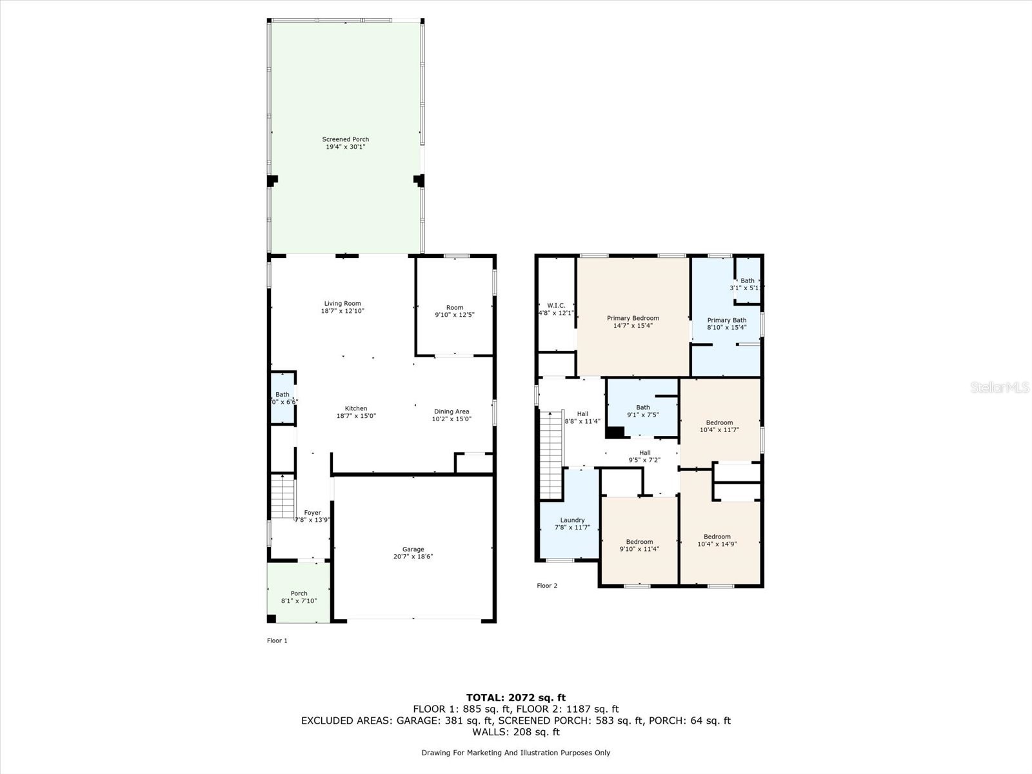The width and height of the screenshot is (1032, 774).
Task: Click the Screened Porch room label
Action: (x=345, y=139)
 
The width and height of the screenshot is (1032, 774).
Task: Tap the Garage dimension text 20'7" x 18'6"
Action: (x=413, y=557)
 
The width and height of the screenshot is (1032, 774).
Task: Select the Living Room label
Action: (x=342, y=303)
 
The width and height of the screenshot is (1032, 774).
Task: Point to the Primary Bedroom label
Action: (x=633, y=318)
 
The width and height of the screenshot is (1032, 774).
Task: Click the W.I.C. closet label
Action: (x=555, y=306)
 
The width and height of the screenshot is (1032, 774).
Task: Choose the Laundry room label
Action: (x=572, y=520)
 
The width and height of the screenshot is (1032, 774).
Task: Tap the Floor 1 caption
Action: (x=277, y=640)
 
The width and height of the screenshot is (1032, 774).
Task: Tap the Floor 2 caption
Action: (x=547, y=586)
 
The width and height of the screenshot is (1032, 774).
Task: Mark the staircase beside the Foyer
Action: (x=282, y=497)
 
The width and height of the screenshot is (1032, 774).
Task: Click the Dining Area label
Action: (x=451, y=412)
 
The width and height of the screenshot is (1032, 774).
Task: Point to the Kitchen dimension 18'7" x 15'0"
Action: (x=356, y=416)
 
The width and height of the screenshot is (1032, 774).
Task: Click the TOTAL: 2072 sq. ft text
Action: (x=515, y=697)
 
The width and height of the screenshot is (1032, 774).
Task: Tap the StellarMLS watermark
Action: (x=1000, y=387)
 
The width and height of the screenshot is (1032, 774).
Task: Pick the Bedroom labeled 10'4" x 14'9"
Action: (x=717, y=541)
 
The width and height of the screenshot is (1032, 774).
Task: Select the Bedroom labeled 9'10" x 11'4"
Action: (x=639, y=546)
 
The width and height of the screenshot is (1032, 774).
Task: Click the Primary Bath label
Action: (x=726, y=320)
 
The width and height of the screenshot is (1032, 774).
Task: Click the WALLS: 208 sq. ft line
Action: (x=515, y=732)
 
